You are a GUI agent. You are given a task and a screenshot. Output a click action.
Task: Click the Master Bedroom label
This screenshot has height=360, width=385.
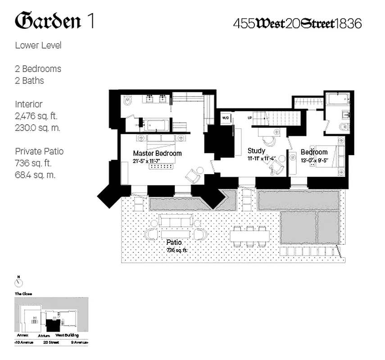(157, 153)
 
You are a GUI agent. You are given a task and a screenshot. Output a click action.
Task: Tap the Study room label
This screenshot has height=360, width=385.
(256, 151)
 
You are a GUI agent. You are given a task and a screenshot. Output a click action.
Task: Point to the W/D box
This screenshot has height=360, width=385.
(225, 118)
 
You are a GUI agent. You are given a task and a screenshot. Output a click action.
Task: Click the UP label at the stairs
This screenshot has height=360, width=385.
(249, 117)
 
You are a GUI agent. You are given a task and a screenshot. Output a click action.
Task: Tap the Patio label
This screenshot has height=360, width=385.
(174, 242)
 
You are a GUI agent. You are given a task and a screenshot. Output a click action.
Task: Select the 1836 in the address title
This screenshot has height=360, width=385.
(348, 23)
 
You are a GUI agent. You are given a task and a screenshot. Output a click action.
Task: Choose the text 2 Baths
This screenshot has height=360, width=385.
(30, 81)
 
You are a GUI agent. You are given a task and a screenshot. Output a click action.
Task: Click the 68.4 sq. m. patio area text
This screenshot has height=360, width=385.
(35, 175)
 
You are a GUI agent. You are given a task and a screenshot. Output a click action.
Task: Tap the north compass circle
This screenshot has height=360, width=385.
(19, 283)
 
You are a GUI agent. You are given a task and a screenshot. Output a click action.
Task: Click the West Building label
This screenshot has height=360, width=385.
(67, 335)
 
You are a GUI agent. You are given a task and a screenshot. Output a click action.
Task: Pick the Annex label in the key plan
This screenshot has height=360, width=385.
(23, 335)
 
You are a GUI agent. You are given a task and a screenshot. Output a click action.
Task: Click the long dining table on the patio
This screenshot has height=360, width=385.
(250, 235)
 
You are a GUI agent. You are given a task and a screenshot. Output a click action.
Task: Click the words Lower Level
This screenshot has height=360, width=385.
(38, 45)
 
